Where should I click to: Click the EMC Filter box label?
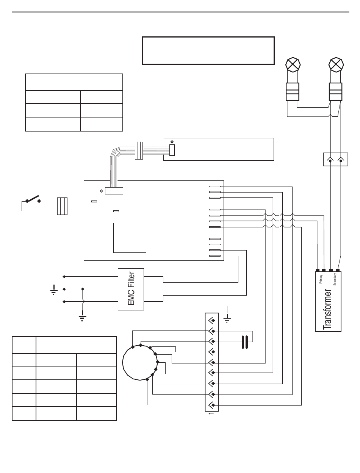coord(131,289)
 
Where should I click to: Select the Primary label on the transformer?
coord(321,279)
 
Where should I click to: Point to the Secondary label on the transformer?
coord(335,279)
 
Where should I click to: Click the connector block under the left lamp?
coord(292,91)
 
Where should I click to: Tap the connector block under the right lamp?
coord(335,91)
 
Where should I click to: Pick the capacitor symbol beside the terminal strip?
coord(245,342)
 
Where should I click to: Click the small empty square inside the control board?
coord(130,238)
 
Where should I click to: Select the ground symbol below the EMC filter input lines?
coord(82,316)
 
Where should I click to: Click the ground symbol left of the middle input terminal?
coord(53,290)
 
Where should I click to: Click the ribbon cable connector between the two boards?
coord(138,150)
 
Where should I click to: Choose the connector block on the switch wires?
coord(62,206)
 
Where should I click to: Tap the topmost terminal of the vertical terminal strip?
coord(211,319)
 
